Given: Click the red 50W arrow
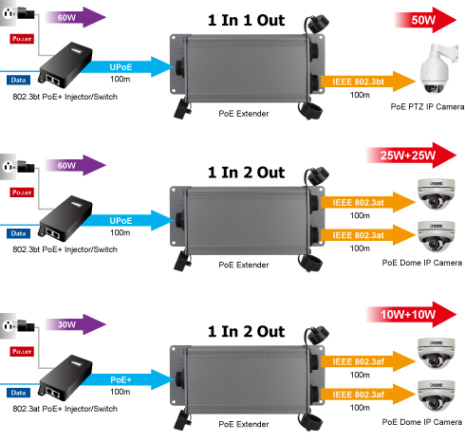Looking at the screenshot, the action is click(425, 20).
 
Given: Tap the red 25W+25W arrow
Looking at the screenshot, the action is click(411, 156).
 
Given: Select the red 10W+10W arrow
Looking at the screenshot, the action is click(411, 315).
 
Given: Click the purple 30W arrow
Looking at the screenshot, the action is click(75, 324).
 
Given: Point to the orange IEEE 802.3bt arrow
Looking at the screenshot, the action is click(368, 82).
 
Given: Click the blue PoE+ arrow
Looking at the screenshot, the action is click(126, 379).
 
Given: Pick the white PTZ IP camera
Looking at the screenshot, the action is click(437, 68).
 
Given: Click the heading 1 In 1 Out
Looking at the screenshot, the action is click(246, 20).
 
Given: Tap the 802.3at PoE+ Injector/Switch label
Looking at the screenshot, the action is click(65, 409).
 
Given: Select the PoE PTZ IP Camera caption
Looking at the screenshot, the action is click(427, 107).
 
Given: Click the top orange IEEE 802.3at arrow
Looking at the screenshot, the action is click(368, 202).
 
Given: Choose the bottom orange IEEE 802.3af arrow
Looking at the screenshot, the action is click(368, 395).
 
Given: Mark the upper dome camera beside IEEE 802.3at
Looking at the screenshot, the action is click(436, 193).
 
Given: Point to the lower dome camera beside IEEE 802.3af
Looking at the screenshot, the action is click(436, 395).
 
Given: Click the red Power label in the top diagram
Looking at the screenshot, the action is click(22, 39).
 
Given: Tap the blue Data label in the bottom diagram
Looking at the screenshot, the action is click(18, 393).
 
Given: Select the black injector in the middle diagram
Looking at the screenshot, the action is click(65, 219).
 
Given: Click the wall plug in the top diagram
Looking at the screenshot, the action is click(18, 13).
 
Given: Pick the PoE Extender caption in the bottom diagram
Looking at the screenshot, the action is click(244, 424).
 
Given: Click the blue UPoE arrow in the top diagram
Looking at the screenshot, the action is click(126, 66).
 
